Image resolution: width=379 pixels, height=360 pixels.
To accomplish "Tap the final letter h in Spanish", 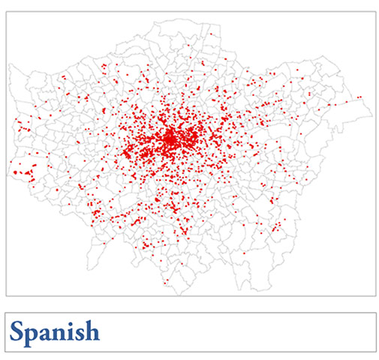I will tap(94, 331).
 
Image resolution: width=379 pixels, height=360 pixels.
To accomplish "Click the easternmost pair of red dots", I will tap(360, 97).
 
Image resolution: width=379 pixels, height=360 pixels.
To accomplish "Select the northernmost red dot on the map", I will tap(211, 34).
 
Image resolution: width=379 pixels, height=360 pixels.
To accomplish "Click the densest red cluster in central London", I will tap(171, 138).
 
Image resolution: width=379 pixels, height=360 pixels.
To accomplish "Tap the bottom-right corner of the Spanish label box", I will tap(375, 351).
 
